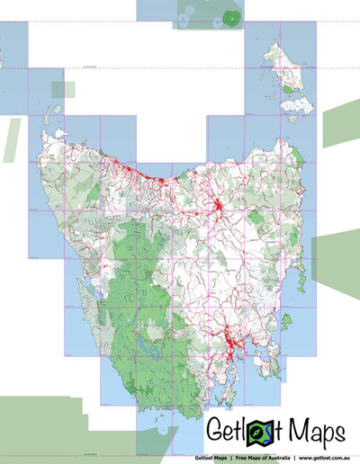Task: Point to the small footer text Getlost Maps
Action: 211,457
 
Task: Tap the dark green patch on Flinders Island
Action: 287,88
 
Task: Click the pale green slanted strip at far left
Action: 11,139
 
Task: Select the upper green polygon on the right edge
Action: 341,124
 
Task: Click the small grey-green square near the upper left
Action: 63,90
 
